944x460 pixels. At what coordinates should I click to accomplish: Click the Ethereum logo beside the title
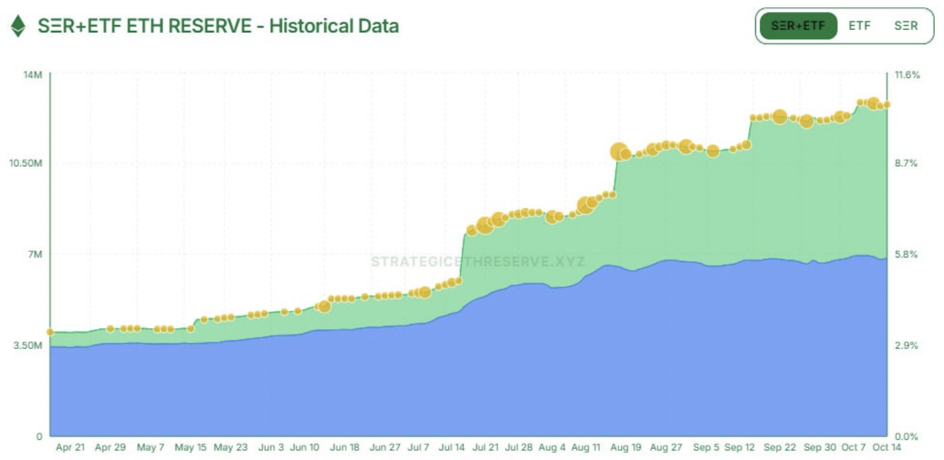(18, 26)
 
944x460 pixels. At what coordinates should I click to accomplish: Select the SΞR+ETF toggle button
(798, 26)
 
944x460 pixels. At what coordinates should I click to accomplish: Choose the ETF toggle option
(859, 26)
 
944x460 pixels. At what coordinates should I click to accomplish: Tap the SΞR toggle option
(906, 26)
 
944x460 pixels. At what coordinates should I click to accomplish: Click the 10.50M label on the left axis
(26, 164)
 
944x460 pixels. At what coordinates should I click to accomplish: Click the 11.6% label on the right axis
(907, 75)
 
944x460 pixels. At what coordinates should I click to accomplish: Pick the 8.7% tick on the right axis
(907, 164)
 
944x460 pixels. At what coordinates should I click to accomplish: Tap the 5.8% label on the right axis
(907, 254)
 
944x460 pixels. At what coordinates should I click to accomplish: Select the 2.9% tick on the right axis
(907, 346)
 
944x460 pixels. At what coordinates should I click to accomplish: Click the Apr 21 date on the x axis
(70, 448)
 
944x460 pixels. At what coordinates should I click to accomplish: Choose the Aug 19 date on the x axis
(625, 448)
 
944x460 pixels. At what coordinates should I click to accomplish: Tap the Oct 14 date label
(886, 448)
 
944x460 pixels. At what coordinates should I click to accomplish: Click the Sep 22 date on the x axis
(780, 448)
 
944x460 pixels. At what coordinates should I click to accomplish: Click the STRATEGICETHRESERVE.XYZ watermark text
(477, 262)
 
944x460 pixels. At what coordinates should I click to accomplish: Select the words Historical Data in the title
(334, 26)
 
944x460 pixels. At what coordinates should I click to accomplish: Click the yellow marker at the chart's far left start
(50, 332)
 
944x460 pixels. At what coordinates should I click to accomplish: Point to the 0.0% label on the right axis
(907, 436)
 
